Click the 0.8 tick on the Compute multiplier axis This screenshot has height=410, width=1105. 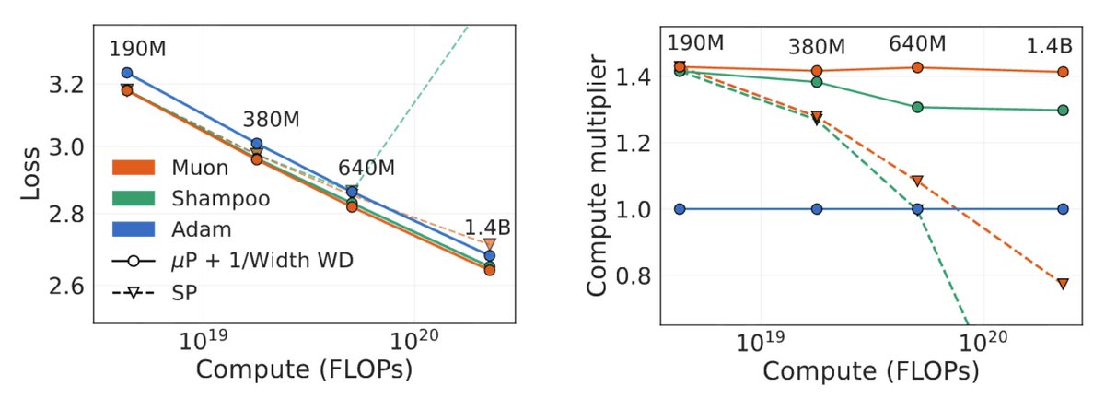(x=640, y=275)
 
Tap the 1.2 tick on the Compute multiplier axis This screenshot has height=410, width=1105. (x=640, y=143)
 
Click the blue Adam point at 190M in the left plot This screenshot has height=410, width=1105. (x=127, y=73)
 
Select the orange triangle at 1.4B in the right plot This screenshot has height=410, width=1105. (x=1063, y=284)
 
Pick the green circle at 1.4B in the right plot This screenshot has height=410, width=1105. (x=1063, y=110)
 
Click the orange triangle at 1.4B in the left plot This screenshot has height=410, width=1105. (x=490, y=244)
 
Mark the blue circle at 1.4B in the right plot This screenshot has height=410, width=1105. (x=1063, y=209)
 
